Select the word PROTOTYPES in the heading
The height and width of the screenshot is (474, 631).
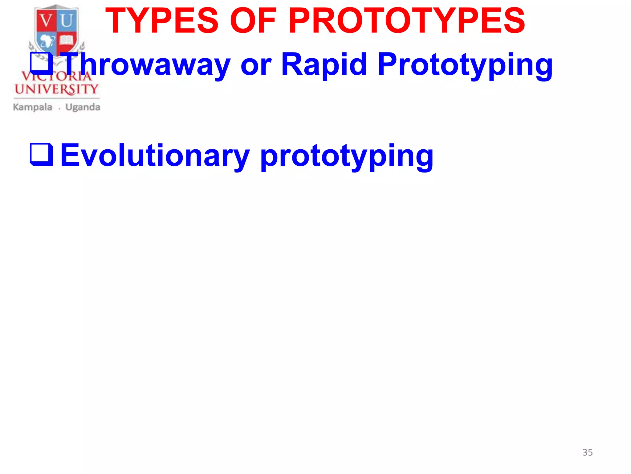(407, 21)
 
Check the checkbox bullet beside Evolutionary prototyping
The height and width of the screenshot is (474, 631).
(41, 154)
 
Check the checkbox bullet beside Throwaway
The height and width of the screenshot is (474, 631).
(41, 63)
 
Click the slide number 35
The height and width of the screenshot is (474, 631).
(587, 452)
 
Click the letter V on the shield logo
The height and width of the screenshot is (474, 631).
(47, 21)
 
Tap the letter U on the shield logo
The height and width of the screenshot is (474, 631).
(67, 21)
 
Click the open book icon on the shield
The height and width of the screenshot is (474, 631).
(66, 40)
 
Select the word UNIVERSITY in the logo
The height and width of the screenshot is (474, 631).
(56, 89)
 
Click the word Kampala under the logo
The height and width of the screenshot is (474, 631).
(33, 107)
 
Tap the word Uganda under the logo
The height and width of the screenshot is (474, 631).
(83, 107)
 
